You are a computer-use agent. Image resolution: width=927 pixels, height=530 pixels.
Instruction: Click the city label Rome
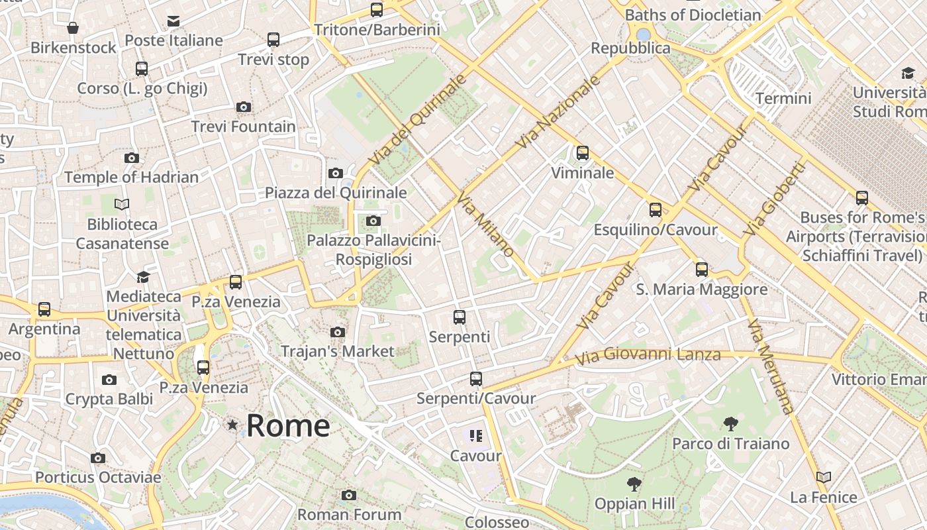coord(288,425)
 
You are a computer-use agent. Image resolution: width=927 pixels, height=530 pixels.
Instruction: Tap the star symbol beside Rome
coord(232,425)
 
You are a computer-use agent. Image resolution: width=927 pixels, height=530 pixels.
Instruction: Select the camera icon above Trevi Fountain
coord(244,107)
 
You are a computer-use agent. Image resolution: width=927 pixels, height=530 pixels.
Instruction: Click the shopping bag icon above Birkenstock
coord(73,28)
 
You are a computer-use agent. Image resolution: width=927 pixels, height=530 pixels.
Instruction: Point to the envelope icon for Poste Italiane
coord(173,21)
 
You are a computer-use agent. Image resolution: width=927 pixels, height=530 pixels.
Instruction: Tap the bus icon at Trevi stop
coord(273,40)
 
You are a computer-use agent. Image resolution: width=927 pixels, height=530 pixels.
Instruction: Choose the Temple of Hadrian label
coord(131,178)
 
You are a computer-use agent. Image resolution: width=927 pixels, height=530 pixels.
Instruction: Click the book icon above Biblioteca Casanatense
coord(122,204)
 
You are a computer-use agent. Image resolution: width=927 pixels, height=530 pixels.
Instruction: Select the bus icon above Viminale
coord(583,153)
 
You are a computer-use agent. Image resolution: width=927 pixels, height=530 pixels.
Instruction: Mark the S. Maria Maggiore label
coord(702,290)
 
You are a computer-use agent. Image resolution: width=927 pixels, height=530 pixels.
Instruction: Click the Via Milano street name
coord(486,226)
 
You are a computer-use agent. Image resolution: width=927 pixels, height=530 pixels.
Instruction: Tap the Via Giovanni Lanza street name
coord(647,355)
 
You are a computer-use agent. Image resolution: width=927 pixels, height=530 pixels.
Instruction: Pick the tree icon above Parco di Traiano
coord(731,423)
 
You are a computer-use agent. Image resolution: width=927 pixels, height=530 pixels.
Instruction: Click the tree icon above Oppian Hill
coord(634,484)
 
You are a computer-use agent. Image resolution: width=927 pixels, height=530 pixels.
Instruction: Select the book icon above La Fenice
coord(824,477)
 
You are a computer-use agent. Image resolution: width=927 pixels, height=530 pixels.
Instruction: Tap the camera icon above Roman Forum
coord(349,495)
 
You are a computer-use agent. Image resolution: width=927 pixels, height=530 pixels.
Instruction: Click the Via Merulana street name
coord(769,366)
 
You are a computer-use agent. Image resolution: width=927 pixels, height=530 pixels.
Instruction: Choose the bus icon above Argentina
coord(44,309)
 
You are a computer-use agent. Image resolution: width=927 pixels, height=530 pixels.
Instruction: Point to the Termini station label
coord(783,99)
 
